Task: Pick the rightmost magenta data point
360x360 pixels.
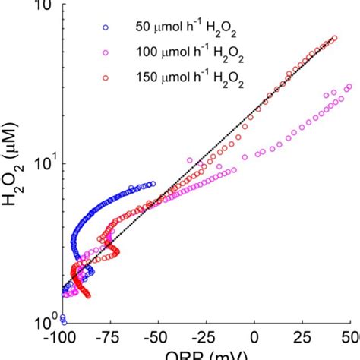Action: (x=349, y=87)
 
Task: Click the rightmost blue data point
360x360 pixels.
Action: (x=153, y=184)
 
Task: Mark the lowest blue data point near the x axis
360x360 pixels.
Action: (x=63, y=320)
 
